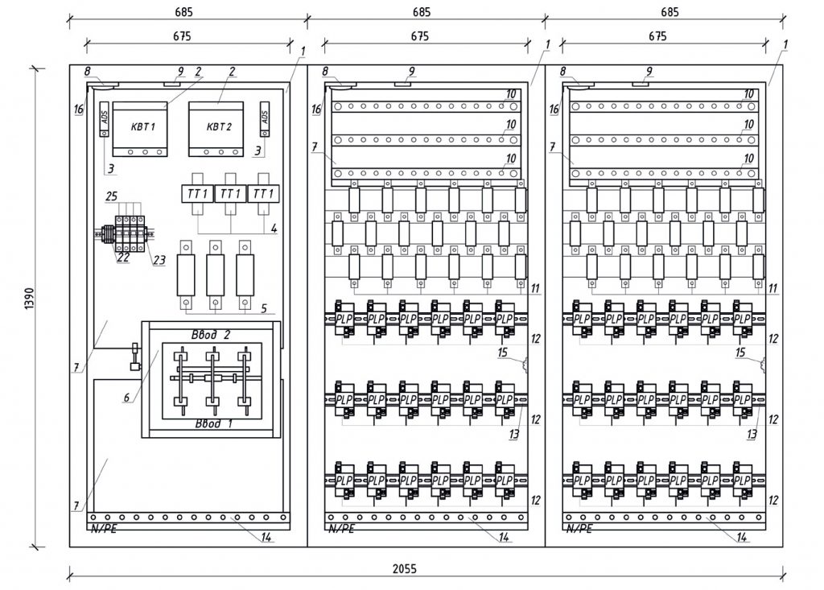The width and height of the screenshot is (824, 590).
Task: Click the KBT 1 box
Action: click(x=138, y=129)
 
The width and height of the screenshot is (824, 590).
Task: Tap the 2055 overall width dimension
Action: click(x=404, y=567)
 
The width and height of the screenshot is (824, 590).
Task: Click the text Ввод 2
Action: click(x=211, y=334)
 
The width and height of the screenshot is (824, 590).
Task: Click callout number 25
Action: click(x=110, y=196)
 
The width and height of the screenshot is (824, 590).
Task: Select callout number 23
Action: click(x=159, y=260)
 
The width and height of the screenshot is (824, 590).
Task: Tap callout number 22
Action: click(x=123, y=258)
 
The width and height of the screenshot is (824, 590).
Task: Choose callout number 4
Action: click(x=274, y=229)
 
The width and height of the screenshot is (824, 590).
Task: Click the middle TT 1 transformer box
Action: click(x=231, y=194)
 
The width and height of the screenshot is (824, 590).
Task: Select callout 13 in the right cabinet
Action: click(x=752, y=435)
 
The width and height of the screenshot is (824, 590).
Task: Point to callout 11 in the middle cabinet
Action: click(x=536, y=287)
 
